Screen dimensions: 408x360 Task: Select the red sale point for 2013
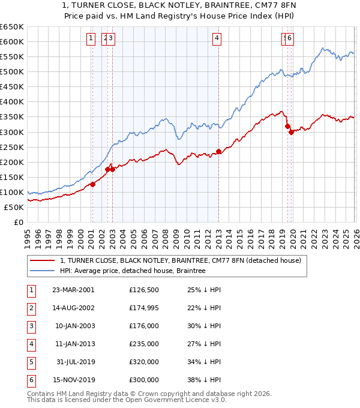pos(218,151)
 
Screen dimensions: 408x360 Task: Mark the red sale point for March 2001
pos(92,184)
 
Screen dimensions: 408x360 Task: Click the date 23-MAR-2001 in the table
pos(73,290)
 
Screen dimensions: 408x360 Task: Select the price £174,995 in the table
pos(144,308)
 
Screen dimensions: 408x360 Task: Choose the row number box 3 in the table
pos(31,326)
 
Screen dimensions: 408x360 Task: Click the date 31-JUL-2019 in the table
pos(73,362)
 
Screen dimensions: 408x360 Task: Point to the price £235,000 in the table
pos(144,344)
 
